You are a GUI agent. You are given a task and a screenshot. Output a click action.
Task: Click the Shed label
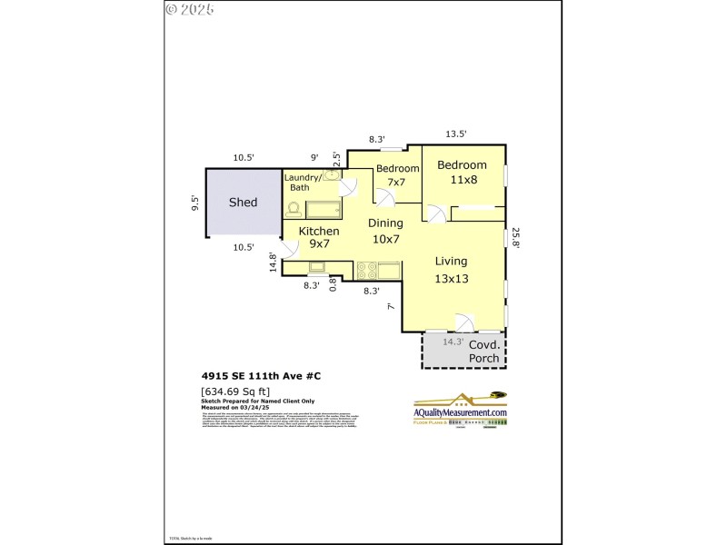(243, 203)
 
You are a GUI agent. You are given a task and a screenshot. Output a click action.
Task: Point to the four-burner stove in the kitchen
(366, 270)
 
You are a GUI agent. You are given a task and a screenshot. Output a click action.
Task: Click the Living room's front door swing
(463, 322)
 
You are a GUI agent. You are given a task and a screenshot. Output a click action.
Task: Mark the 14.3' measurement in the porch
(453, 342)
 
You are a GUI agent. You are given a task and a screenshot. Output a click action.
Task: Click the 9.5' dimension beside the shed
(194, 203)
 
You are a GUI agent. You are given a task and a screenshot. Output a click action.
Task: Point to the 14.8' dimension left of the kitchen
(272, 263)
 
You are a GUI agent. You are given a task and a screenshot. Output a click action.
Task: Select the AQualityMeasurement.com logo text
(461, 412)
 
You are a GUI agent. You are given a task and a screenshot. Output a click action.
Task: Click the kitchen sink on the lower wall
(319, 267)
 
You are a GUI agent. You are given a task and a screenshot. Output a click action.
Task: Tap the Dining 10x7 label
(385, 231)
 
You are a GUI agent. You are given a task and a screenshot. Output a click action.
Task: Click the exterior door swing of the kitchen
(289, 248)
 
